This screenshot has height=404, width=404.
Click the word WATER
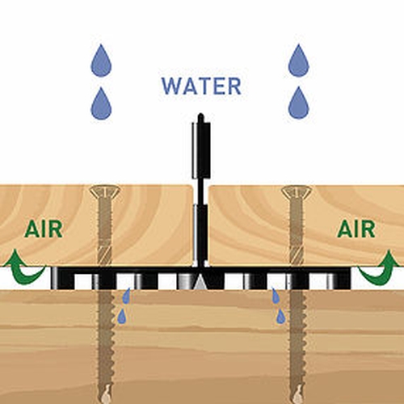click(x=201, y=86)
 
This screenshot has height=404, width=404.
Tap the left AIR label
click(x=44, y=229)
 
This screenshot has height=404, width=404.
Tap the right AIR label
click(x=356, y=229)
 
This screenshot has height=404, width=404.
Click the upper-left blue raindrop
click(x=101, y=61)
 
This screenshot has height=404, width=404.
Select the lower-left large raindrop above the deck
click(x=101, y=103)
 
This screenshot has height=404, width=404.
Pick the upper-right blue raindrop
click(x=299, y=61)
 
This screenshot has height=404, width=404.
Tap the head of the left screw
click(x=104, y=191)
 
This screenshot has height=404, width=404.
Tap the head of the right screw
click(x=297, y=191)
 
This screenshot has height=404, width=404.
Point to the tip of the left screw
click(x=107, y=402)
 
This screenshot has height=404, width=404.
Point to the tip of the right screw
click(x=298, y=402)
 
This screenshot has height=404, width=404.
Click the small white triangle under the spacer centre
click(x=200, y=283)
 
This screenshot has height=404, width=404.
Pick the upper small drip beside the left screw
click(x=126, y=295)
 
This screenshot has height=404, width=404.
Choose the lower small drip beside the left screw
click(x=122, y=316)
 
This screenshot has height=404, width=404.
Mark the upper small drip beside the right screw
click(x=276, y=295)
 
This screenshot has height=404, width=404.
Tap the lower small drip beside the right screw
click(x=281, y=316)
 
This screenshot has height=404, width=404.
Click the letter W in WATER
click(x=170, y=86)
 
